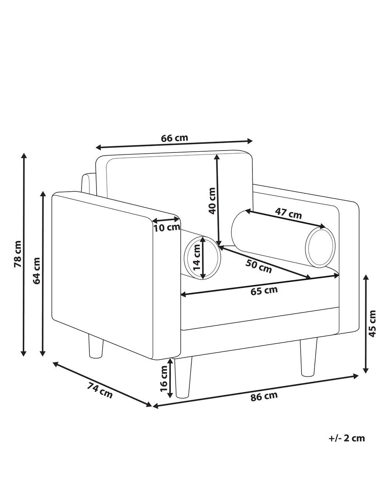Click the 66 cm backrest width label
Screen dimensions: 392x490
click(174, 138)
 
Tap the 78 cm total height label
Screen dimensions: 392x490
click(18, 254)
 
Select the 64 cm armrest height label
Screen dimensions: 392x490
click(36, 271)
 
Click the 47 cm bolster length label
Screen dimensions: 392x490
click(289, 213)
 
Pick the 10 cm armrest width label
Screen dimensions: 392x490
click(167, 228)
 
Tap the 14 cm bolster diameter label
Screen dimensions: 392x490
click(196, 257)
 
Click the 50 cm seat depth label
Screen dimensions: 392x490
click(259, 267)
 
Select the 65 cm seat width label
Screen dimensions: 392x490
click(264, 291)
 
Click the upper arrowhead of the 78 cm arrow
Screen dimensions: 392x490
click(24, 156)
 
